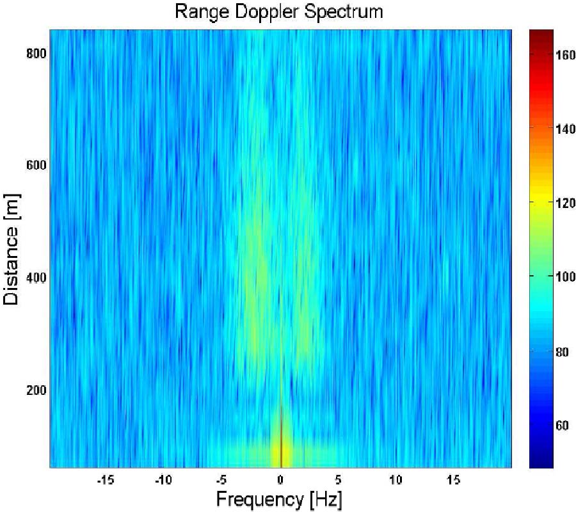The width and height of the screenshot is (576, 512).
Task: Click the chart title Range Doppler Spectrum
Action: [280, 12]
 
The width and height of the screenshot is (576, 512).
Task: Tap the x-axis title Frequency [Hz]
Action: [279, 499]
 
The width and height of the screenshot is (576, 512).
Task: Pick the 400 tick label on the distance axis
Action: [36, 278]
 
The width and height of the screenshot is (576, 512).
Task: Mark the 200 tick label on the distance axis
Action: [36, 390]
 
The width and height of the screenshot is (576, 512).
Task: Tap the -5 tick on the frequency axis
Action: [221, 479]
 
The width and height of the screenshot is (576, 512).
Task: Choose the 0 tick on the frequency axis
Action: [280, 479]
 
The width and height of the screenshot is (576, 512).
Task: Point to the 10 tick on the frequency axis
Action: [397, 479]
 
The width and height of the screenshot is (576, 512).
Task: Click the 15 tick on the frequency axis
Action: [455, 479]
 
